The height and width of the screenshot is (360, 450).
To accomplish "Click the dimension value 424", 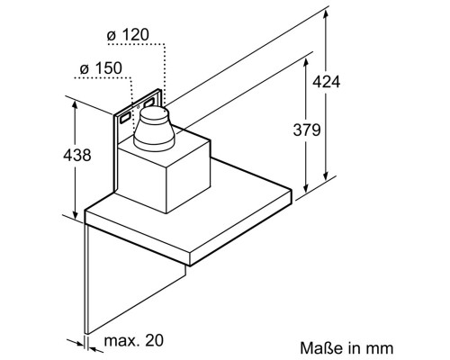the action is pyautogui.click(x=326, y=82).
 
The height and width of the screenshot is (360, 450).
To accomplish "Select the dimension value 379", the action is pyautogui.click(x=307, y=130).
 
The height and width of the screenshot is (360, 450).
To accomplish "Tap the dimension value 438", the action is pyautogui.click(x=77, y=155).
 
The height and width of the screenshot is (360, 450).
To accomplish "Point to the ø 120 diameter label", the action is pyautogui.click(x=128, y=35).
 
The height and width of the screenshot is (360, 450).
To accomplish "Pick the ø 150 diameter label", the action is pyautogui.click(x=101, y=68).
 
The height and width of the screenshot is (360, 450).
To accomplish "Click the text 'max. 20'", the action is pyautogui.click(x=134, y=340).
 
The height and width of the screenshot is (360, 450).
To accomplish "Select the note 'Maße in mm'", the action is pyautogui.click(x=346, y=348).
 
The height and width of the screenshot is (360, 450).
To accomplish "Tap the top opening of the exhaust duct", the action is pyautogui.click(x=154, y=112).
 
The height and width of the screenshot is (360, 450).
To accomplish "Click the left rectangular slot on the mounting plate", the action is pyautogui.click(x=125, y=118).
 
